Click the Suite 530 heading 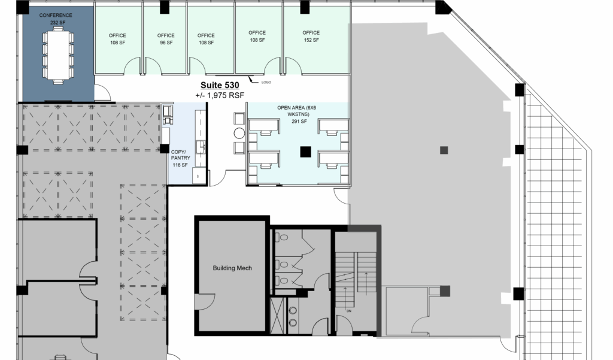coord(220,85)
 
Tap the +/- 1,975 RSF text coord(220,95)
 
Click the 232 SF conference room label coord(57,23)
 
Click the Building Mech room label coord(232,268)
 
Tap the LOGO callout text coord(266,82)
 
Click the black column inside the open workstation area coord(306,152)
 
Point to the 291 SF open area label coord(299,122)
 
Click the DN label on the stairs coord(349,311)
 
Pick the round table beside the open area coord(239,134)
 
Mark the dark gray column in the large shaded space coord(444,150)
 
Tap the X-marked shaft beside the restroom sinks coord(278,316)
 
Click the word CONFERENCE coord(56,15)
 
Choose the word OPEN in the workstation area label coord(284,108)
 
